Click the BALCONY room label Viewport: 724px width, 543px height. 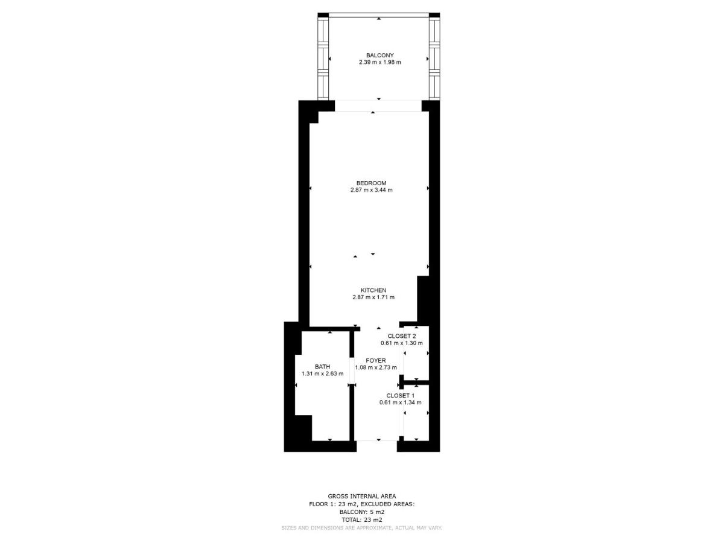coord(379,55)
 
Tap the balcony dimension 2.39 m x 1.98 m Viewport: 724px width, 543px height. coord(379,62)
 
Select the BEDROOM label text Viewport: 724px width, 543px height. coord(371,183)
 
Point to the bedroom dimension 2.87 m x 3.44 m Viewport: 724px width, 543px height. coord(371,190)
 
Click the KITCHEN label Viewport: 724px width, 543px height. coord(373,290)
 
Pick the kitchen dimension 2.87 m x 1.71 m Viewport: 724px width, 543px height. coord(373,297)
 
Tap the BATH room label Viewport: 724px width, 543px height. coord(322,366)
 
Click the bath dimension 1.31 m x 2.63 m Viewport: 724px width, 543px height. coord(322,373)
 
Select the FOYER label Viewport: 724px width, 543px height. coord(375,360)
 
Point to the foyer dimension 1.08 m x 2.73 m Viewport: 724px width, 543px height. coord(375,367)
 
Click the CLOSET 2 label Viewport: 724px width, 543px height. coord(401,336)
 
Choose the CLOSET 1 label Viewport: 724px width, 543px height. coord(400,395)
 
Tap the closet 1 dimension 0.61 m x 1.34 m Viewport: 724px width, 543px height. coord(400,402)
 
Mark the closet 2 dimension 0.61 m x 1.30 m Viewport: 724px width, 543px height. coord(401,343)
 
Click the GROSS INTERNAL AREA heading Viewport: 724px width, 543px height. coord(362,496)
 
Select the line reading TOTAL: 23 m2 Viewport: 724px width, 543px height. coord(362,519)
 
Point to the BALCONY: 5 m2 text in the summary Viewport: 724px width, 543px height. coord(362,512)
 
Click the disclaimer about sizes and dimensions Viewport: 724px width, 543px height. coord(362,528)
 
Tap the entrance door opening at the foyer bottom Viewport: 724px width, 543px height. coord(376,446)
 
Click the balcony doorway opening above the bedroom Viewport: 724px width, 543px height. coord(378,106)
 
